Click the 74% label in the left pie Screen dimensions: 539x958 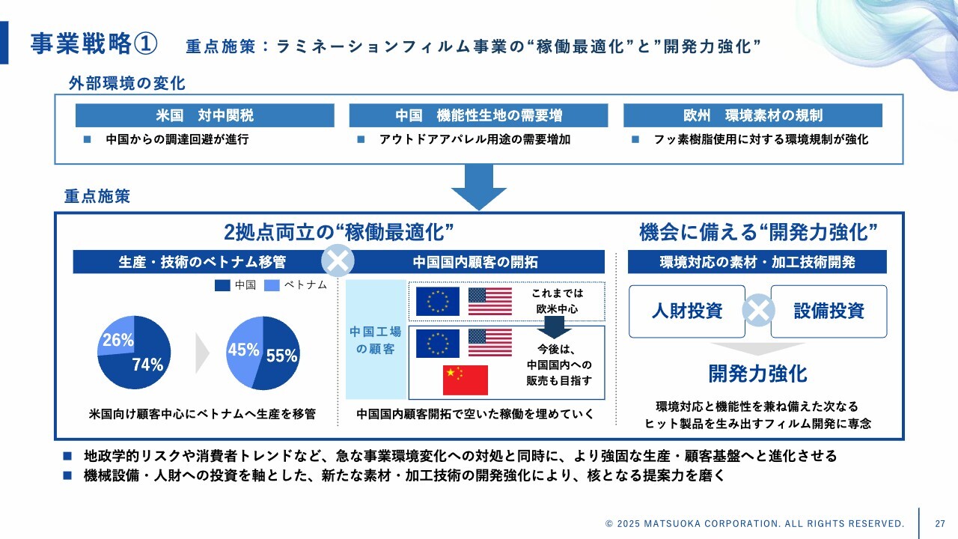click(x=147, y=365)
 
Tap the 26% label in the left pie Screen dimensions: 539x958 click(x=118, y=341)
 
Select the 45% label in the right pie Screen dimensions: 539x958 click(x=243, y=350)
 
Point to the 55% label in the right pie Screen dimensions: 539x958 click(x=282, y=356)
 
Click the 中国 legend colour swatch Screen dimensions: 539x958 click(x=222, y=285)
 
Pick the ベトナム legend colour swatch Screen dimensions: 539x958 click(x=272, y=285)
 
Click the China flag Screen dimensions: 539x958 click(x=465, y=380)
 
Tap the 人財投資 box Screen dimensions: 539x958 click(x=686, y=311)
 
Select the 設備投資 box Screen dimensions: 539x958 click(x=829, y=311)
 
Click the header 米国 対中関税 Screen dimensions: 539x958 click(x=204, y=115)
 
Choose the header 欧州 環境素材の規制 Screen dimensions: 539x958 click(x=752, y=115)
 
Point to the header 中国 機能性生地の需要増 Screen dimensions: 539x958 click(x=479, y=115)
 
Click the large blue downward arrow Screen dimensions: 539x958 click(x=479, y=186)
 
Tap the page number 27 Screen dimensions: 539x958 click(x=940, y=523)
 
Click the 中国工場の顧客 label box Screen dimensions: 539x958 click(x=375, y=340)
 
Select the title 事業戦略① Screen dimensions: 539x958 click(x=94, y=43)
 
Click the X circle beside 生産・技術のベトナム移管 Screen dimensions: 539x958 click(x=338, y=261)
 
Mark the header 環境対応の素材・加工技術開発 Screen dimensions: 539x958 click(x=757, y=262)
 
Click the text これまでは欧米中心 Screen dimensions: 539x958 click(x=558, y=301)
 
